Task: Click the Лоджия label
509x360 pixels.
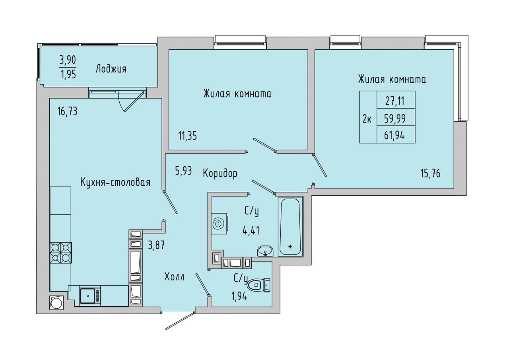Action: coord(111,69)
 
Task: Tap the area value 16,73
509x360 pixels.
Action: coord(67,112)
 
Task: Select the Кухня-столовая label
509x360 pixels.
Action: coord(115,183)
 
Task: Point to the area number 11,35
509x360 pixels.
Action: coord(187,136)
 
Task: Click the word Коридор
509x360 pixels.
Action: coord(220,174)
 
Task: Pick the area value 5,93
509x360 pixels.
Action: coord(183,171)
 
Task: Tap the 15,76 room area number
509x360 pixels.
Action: coord(430,174)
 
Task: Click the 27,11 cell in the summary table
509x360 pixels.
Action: coord(396,100)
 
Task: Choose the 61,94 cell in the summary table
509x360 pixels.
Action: coord(396,134)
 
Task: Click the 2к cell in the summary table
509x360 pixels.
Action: coord(368,117)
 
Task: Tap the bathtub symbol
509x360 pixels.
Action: coord(290,227)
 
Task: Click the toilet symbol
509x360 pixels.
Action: coord(258,285)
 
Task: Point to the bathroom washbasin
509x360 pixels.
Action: coord(265,251)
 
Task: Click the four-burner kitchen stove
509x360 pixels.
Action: coord(61,253)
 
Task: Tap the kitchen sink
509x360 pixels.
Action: coord(89,296)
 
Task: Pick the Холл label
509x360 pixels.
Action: coord(174,277)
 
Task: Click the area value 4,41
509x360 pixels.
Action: coord(251,230)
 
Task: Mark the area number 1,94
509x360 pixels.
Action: coord(239,296)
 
